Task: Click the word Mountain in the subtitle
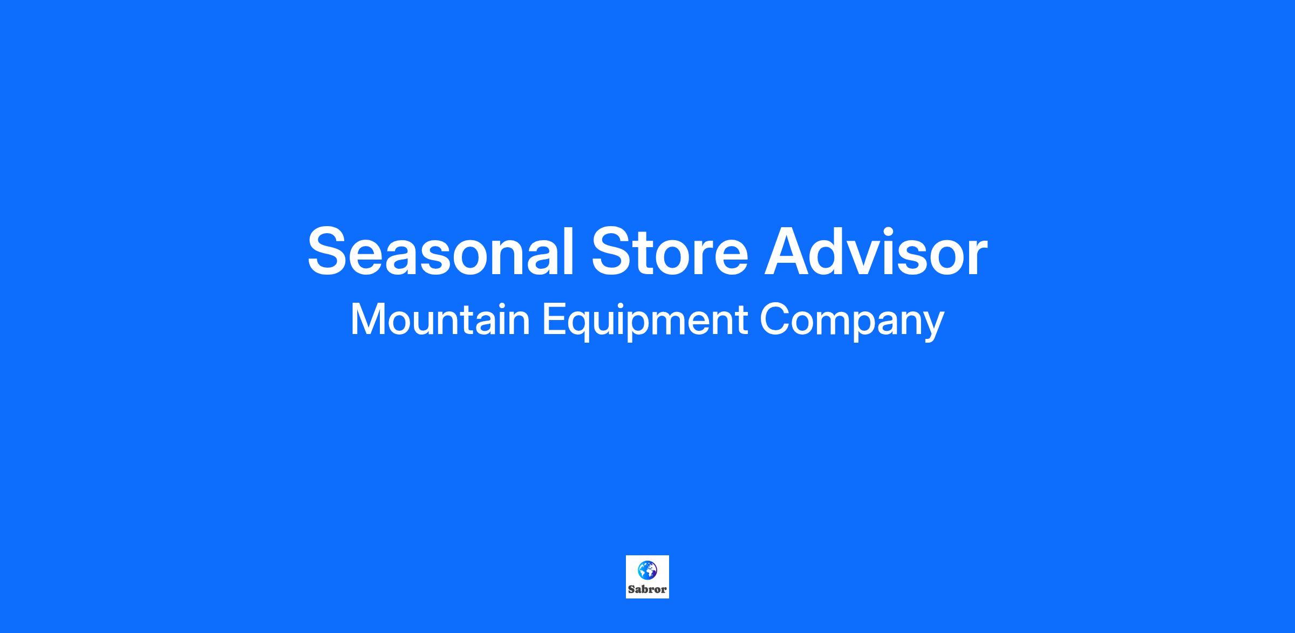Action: pos(440,320)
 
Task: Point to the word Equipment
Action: pos(645,322)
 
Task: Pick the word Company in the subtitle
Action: pos(852,322)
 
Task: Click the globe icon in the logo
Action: pos(647,569)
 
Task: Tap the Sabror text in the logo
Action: pos(647,589)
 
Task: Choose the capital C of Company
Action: pos(775,319)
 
